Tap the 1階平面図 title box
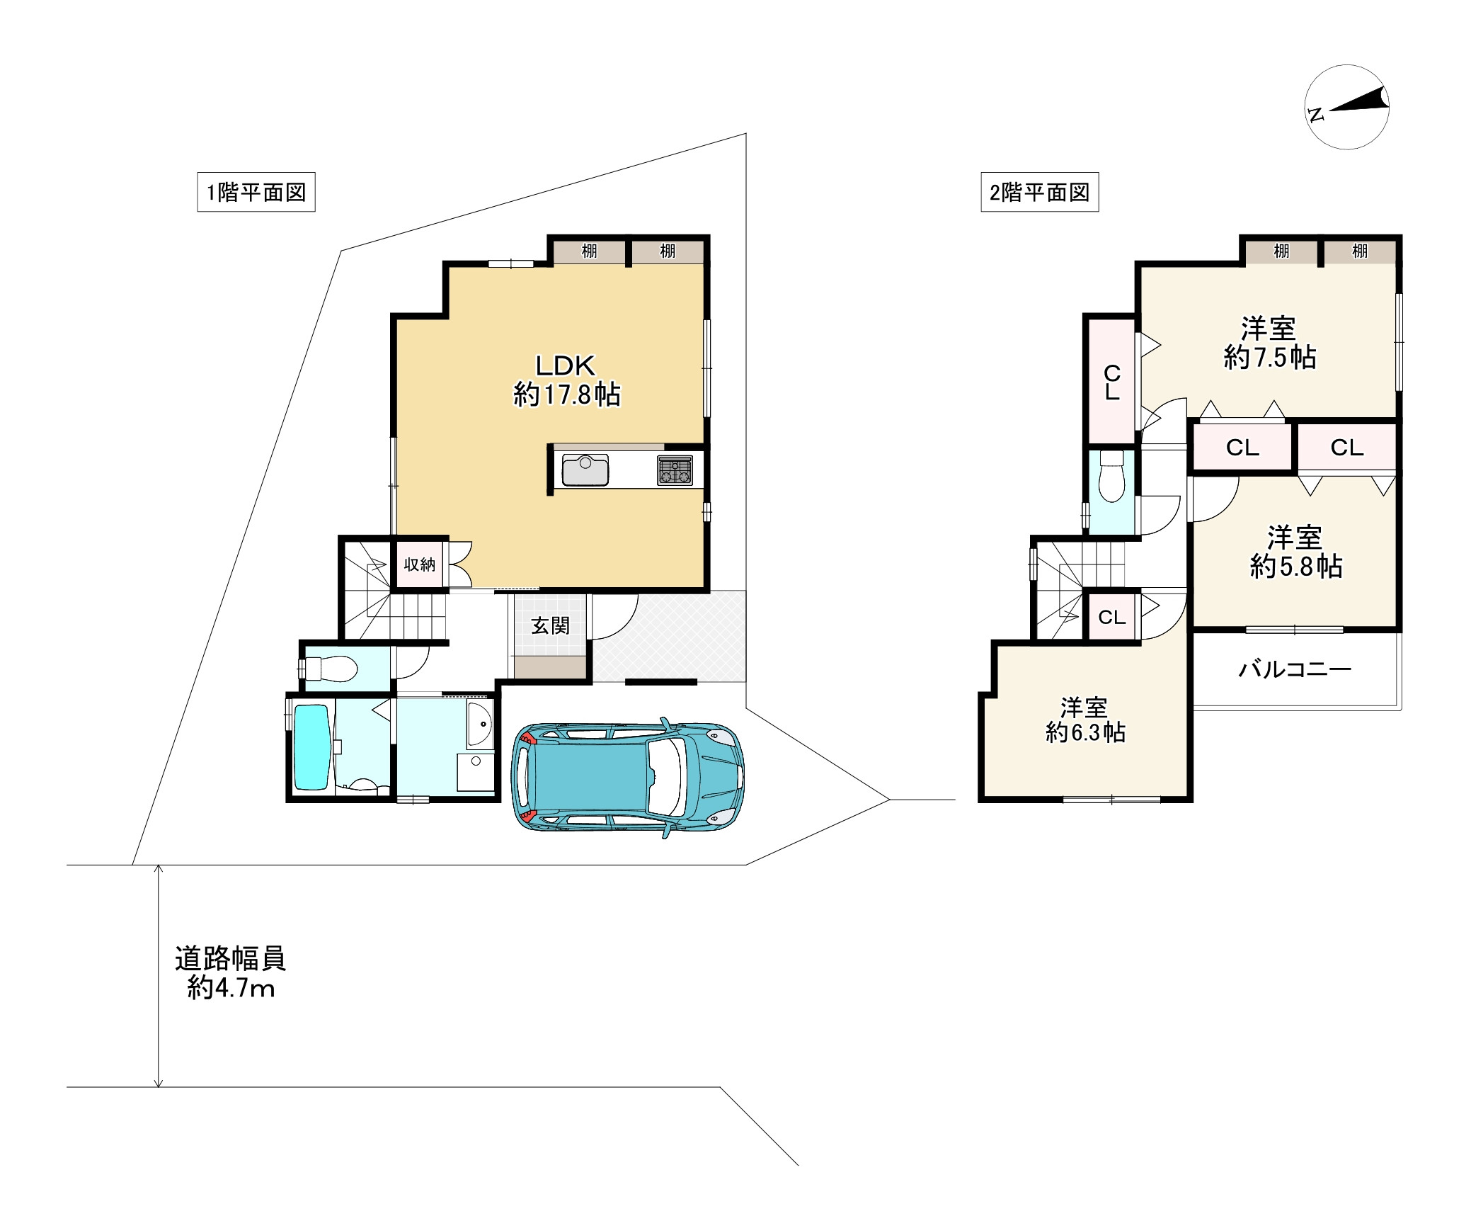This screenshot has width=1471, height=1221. point(256,193)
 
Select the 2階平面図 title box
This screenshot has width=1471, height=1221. point(1039,193)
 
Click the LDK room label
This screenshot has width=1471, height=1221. point(566,365)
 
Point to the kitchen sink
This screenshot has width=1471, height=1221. point(585,470)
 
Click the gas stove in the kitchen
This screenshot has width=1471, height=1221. point(675,470)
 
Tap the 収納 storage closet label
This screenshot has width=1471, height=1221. point(419,564)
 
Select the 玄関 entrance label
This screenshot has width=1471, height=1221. point(550,625)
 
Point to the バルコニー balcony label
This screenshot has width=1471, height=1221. point(1295,669)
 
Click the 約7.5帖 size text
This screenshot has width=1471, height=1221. point(1270,357)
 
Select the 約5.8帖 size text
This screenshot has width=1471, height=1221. point(1296,567)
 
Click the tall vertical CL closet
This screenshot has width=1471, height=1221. point(1112,382)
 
